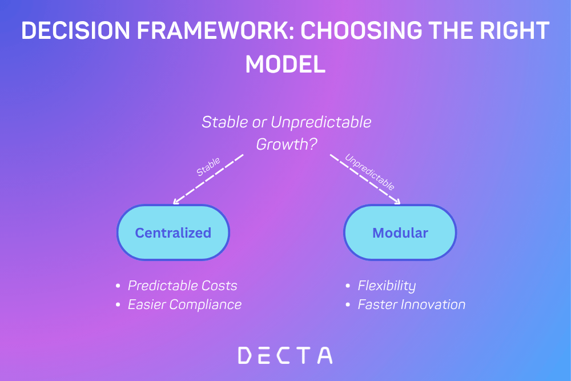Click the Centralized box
click(173, 233)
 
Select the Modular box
click(400, 233)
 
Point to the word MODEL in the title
click(285, 64)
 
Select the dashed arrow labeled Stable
click(208, 179)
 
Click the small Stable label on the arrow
click(208, 167)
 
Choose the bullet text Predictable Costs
click(182, 286)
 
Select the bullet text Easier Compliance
click(184, 304)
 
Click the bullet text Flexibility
click(387, 286)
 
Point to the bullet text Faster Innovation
click(411, 304)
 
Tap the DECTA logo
click(285, 355)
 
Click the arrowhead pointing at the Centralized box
click(176, 201)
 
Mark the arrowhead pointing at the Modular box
click(397, 201)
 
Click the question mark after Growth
click(313, 143)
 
